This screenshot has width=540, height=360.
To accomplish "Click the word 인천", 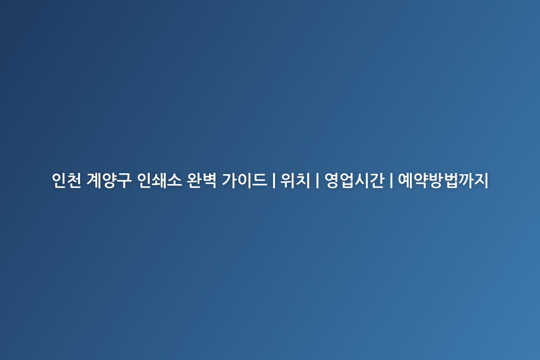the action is tap(67, 180).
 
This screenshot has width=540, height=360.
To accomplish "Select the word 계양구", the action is tap(109, 180).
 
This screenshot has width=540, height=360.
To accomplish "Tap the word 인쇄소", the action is tap(159, 180).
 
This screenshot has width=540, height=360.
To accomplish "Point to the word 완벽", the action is tap(202, 180).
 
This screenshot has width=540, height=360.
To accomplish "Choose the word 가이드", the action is tap(244, 180).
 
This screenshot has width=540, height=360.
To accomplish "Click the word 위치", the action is tap(295, 180).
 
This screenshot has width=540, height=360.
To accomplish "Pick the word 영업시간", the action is tap(354, 180).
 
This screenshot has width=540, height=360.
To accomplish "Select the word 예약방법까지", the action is tap(443, 180).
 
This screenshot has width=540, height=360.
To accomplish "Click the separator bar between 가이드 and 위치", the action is tap(274, 180).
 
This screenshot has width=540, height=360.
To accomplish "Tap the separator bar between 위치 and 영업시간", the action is tap(317, 180).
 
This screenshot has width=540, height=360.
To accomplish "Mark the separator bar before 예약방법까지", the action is tap(391, 180).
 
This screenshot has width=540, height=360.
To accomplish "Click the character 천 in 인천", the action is tap(74, 180).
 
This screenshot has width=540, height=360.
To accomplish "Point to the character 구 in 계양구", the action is tap(124, 180).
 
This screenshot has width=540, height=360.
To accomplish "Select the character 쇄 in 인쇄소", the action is tap(159, 180).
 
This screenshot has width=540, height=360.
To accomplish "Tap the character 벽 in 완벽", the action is tap(209, 180).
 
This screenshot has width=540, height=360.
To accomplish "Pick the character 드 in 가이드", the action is tap(259, 180).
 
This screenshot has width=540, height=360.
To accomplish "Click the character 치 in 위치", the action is tap(302, 180).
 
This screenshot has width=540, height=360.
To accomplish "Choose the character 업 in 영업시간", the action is tap(346, 180).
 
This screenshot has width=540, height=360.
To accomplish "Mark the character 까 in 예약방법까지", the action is tap(466, 180).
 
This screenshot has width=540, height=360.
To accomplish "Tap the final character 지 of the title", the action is tap(481, 180).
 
